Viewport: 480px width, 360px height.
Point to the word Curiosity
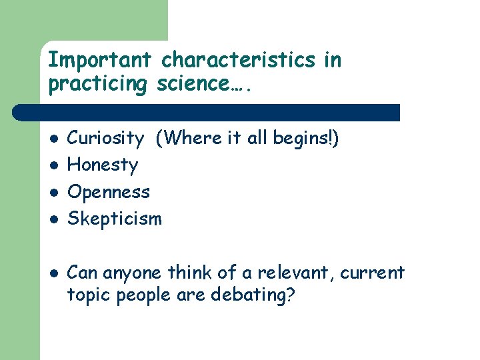105,138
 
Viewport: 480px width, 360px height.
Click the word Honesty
103,165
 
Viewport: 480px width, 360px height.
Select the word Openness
109,192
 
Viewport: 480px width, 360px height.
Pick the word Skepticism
115,219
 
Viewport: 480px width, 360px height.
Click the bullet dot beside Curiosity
53,139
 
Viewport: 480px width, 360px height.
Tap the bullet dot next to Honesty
53,165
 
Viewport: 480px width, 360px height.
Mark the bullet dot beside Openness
53,193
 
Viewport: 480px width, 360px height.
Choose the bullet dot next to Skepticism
53,219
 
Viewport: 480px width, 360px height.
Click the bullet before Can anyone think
53,273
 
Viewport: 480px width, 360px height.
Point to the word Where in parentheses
184,138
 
